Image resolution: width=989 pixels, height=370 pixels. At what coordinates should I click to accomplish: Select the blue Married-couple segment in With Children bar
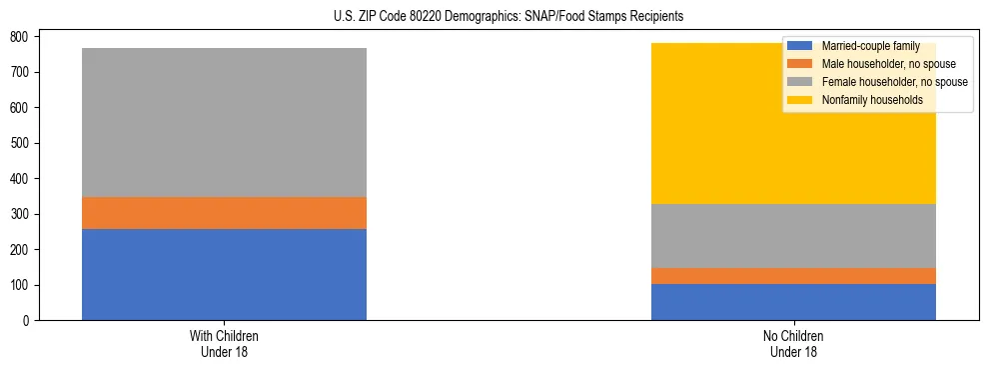pos(224,274)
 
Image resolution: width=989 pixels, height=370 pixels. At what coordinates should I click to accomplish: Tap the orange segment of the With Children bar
pos(224,213)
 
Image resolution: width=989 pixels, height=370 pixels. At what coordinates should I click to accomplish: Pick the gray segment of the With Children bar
pos(224,122)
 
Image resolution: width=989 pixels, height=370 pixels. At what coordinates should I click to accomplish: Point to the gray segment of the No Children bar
pos(793,236)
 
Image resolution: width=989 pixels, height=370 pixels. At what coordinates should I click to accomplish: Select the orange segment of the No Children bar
pos(793,276)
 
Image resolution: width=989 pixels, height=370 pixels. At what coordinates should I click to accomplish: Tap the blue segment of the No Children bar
pos(793,302)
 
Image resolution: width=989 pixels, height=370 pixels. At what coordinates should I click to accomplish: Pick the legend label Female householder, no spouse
pos(893,82)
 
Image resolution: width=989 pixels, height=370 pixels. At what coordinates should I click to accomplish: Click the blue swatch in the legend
pos(800,46)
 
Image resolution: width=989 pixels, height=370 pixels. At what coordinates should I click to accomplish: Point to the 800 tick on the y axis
pos(25,36)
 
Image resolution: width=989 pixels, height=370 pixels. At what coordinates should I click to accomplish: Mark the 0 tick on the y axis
pos(31,321)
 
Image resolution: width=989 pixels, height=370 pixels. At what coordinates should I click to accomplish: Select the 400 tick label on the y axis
pos(25,179)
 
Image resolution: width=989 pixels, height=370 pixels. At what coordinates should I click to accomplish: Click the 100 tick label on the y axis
pos(25,285)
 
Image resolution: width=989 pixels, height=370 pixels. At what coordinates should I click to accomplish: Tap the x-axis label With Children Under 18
pos(224,343)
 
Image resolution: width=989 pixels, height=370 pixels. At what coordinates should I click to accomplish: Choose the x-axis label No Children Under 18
pos(793,343)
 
